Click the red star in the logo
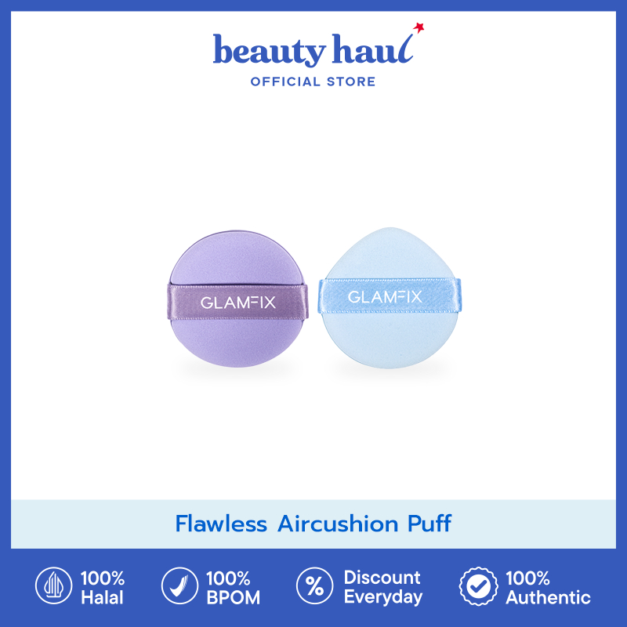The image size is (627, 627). coord(420,29)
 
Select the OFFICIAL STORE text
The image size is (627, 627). coord(313,82)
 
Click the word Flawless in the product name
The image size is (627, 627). coord(221,524)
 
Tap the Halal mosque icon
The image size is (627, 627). coord(52,587)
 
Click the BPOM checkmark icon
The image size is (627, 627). coord(178,587)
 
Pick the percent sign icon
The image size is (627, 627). coord(313,587)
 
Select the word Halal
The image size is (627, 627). coord(101,598)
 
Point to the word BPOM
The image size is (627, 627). coord(233,598)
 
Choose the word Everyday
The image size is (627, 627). coord(383,598)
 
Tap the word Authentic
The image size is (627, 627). coord(548,598)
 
